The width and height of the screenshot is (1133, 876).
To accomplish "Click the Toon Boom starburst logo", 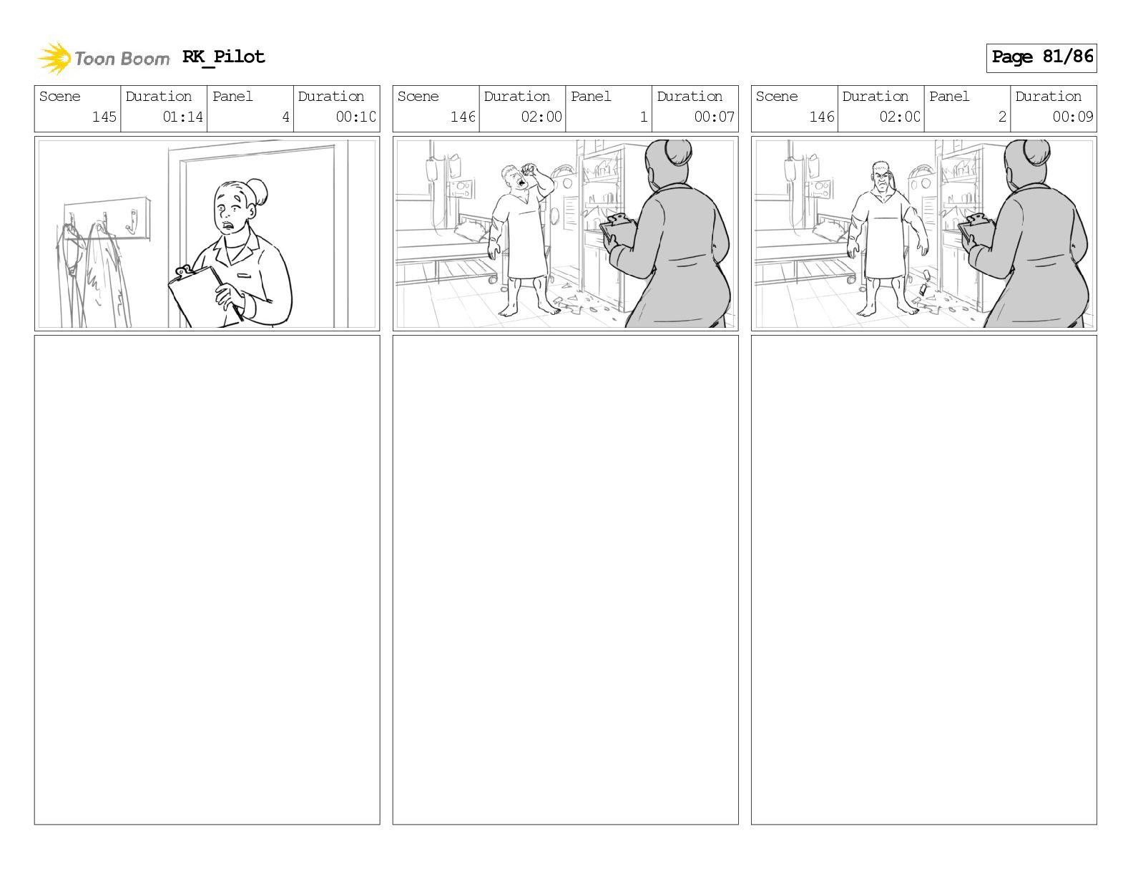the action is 54,58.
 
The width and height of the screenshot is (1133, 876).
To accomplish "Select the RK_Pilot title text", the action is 223,57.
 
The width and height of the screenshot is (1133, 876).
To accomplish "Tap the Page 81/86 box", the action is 1041,58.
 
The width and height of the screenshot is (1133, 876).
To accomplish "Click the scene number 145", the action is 104,117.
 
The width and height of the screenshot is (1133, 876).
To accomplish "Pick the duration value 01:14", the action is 182,117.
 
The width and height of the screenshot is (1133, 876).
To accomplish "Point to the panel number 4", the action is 285,117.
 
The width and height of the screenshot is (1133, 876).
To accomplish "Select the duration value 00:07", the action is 714,117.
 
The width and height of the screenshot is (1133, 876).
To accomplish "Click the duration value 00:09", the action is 1072,117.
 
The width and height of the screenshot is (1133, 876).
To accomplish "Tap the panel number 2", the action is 1002,117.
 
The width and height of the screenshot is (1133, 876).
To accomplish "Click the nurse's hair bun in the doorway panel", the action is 258,192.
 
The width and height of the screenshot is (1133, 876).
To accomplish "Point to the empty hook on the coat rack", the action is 131,223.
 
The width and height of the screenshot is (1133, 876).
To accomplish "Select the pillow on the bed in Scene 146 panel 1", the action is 474,230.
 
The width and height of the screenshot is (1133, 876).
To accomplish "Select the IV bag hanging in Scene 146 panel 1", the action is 431,170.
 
